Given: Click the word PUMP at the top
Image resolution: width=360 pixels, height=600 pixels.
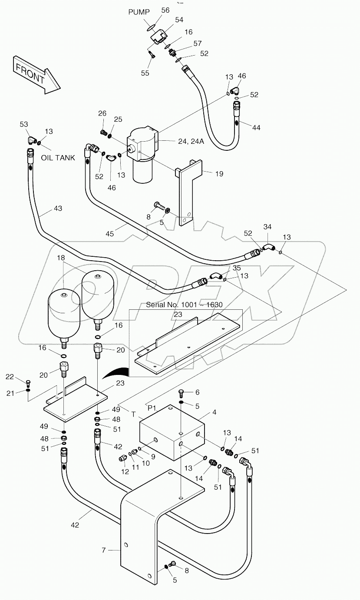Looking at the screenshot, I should [139, 12].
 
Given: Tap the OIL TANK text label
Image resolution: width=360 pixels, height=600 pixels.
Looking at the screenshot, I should [58, 158].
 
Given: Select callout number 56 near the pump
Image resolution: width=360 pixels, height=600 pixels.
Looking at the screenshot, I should [165, 10].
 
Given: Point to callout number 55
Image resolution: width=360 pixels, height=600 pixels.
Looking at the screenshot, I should [145, 73].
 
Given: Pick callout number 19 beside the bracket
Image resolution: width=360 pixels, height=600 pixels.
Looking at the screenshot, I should [219, 174].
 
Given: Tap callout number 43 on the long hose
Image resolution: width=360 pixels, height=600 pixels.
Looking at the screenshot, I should [58, 209].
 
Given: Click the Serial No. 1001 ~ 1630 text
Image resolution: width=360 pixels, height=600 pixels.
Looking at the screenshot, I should [184, 305].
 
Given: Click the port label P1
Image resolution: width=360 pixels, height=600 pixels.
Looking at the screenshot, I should [152, 408].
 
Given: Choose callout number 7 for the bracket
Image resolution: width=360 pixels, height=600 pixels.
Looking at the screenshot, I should [104, 550].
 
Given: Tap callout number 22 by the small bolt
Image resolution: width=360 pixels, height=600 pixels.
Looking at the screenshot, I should [10, 377].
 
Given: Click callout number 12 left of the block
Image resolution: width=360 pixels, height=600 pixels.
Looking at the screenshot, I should [125, 471].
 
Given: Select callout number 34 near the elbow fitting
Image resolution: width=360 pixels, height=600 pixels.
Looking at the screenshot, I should [268, 226].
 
